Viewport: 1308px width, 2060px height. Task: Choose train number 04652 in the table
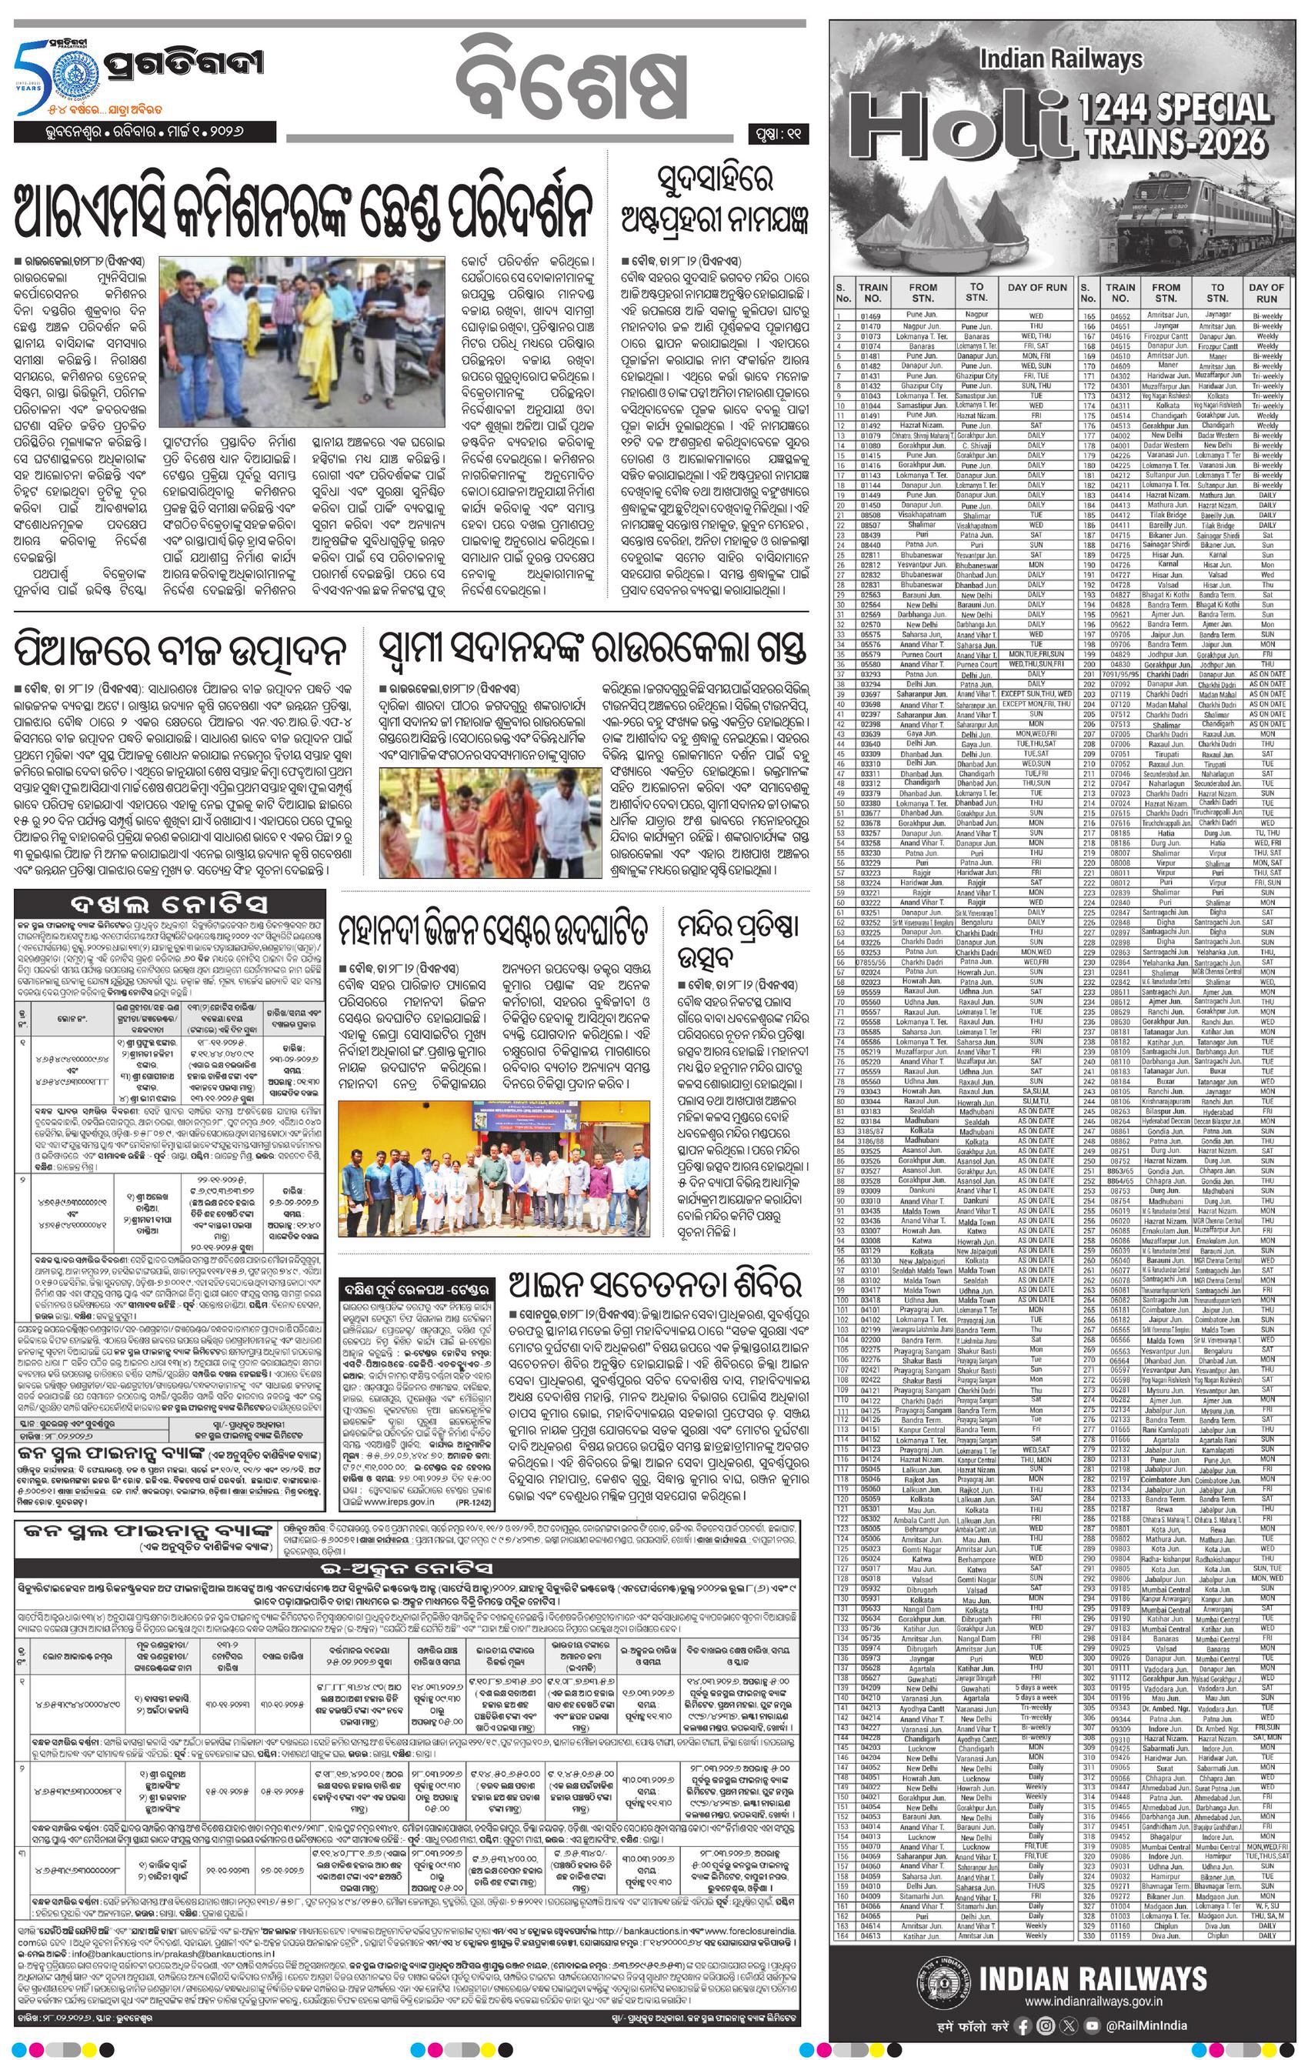[x=1119, y=315]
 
